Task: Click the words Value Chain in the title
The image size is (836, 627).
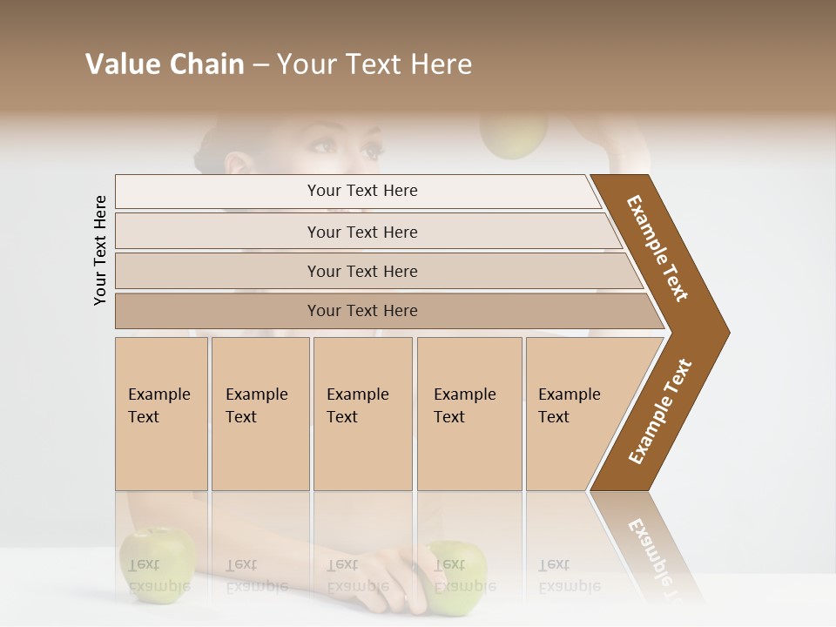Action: click(165, 64)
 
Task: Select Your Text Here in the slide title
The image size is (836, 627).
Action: click(374, 64)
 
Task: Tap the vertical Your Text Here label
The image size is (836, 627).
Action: click(100, 250)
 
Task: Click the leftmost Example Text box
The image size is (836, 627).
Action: click(161, 414)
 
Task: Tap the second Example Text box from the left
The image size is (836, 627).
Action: click(260, 414)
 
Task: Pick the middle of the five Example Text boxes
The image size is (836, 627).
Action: click(362, 414)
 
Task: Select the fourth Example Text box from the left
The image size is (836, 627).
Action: click(469, 414)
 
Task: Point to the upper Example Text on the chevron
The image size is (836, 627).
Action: click(657, 248)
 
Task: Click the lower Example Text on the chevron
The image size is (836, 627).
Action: click(659, 412)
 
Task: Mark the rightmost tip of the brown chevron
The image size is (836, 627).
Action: click(728, 332)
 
